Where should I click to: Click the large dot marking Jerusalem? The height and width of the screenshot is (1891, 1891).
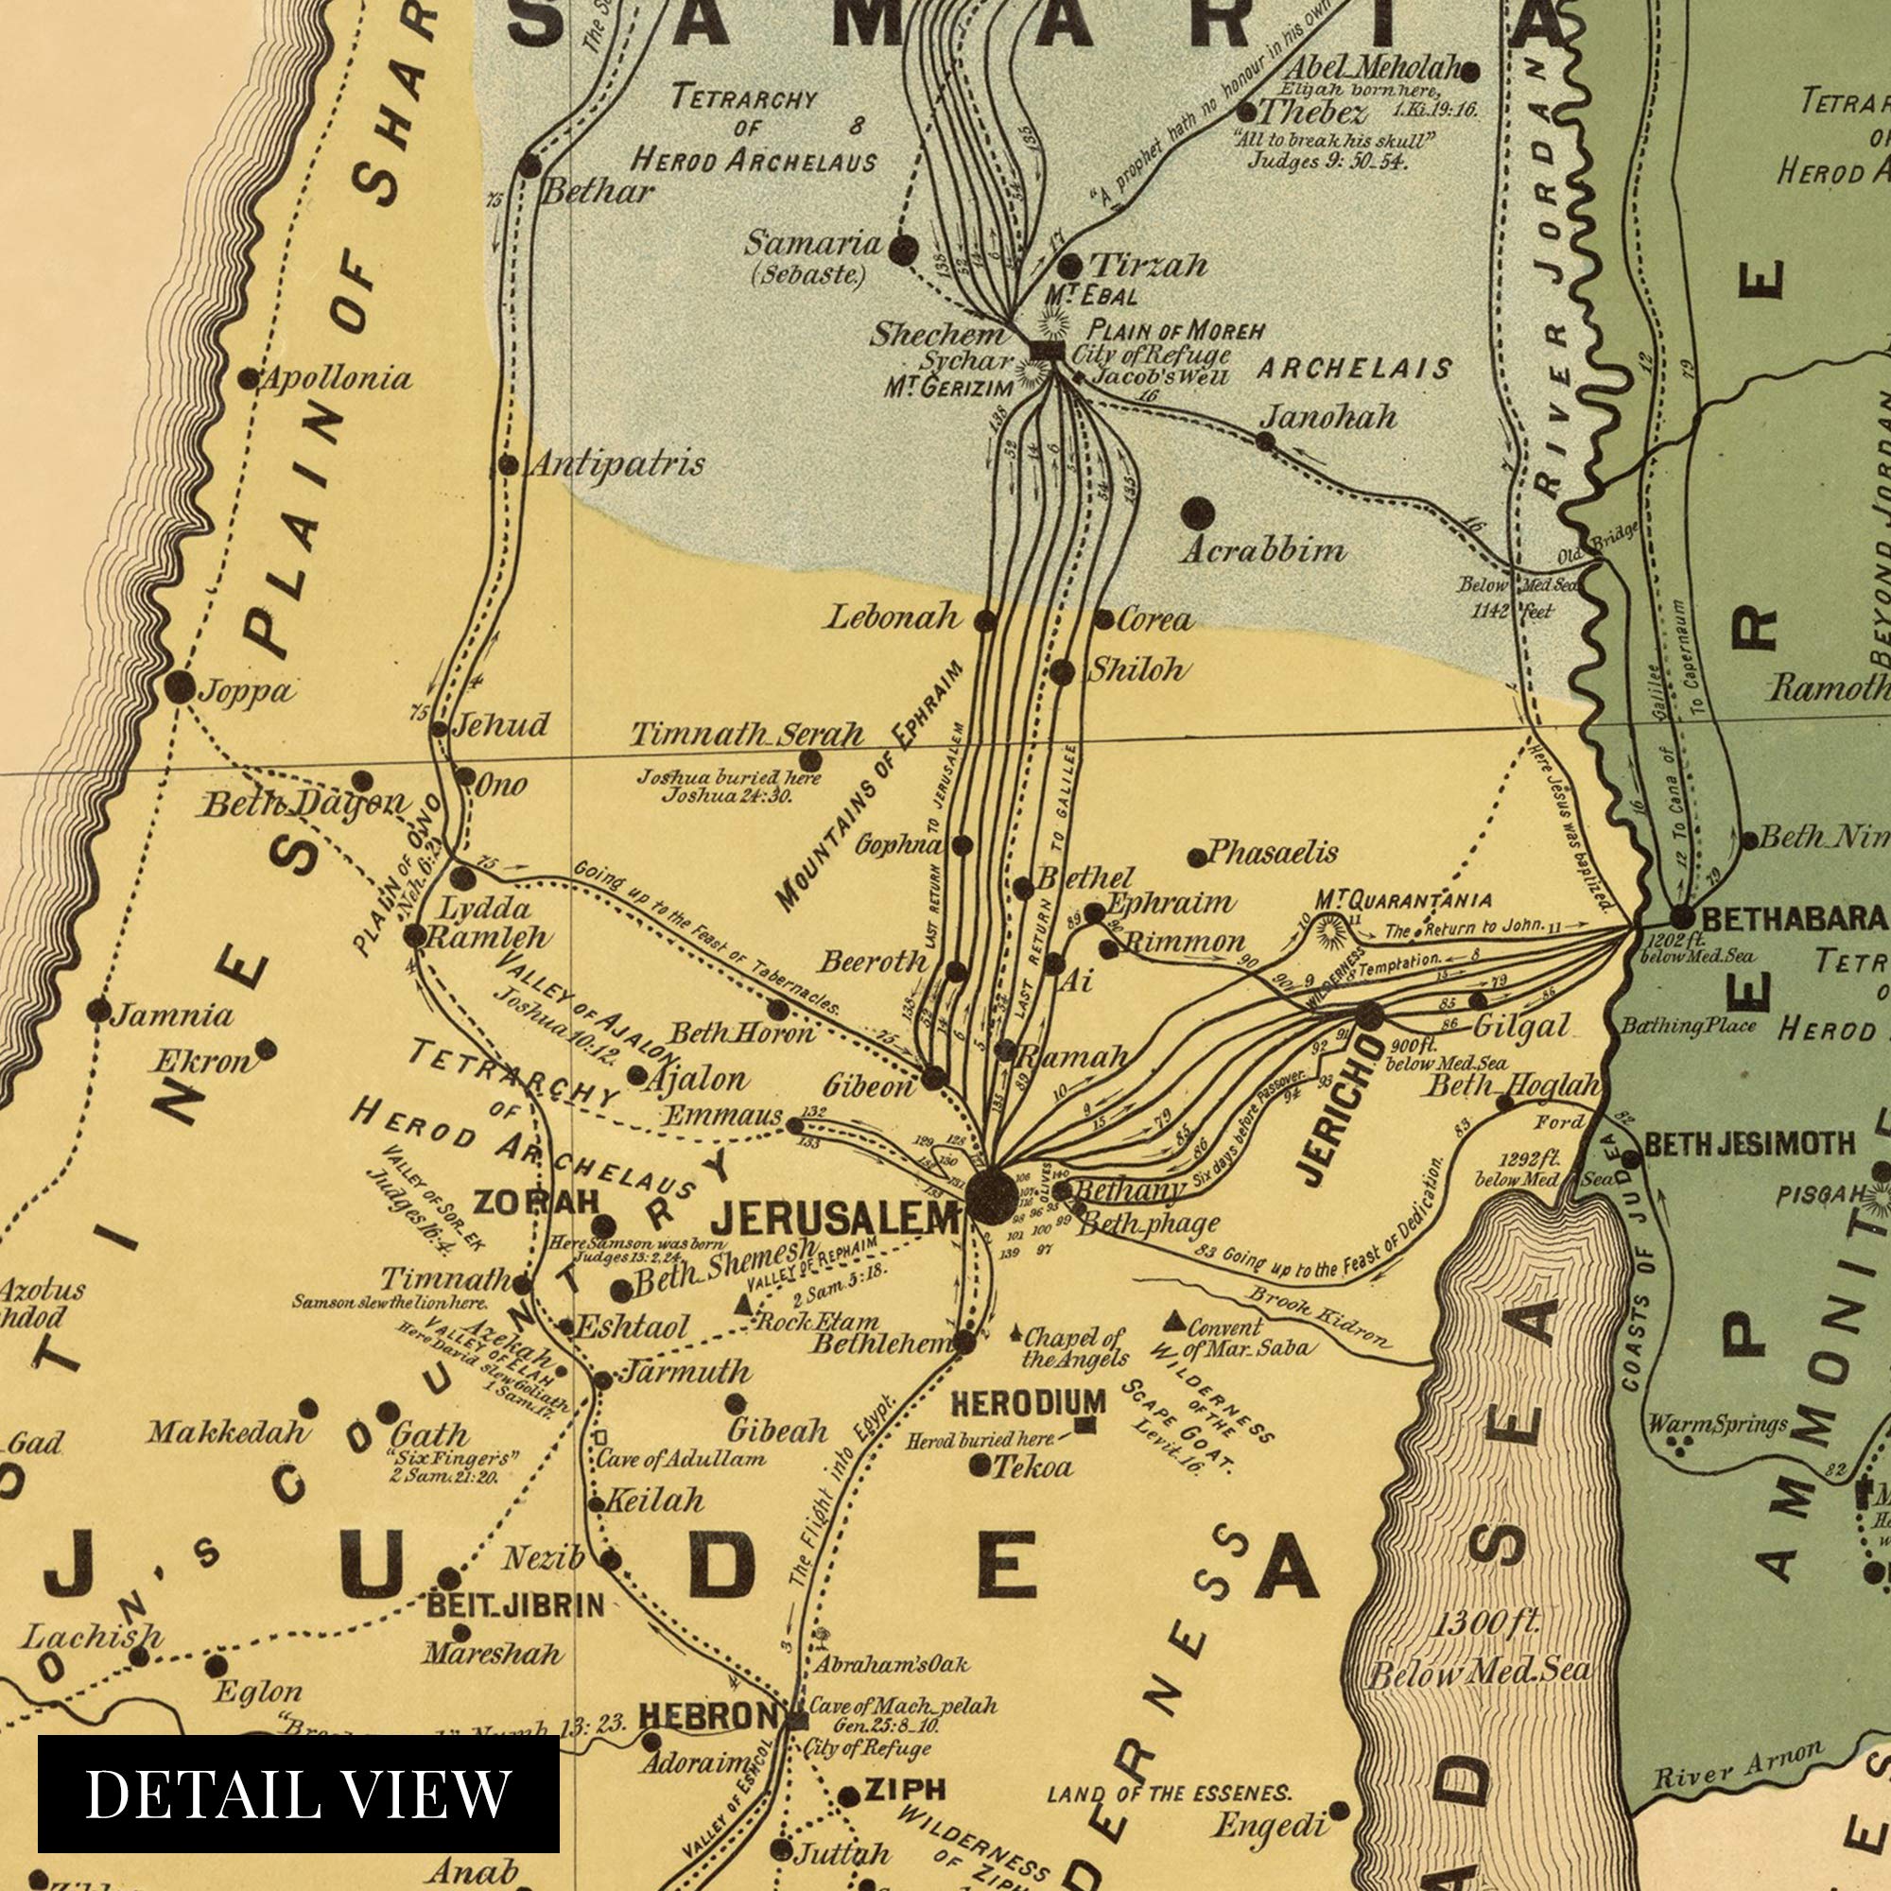click(991, 1196)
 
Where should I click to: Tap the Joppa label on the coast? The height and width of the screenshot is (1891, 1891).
click(246, 691)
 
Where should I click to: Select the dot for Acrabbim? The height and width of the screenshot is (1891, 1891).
click(1198, 512)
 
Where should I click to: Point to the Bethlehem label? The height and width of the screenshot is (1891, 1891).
click(880, 1343)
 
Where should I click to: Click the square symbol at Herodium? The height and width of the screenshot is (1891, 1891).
click(1084, 1425)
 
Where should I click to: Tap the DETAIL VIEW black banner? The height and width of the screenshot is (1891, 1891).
click(299, 1792)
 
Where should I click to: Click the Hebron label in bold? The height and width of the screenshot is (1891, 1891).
click(707, 1715)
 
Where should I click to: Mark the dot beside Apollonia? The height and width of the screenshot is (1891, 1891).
click(249, 378)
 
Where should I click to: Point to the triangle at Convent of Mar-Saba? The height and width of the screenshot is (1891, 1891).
click(1174, 1323)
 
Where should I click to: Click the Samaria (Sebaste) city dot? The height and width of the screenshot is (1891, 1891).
click(902, 250)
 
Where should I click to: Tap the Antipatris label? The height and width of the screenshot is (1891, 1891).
click(616, 463)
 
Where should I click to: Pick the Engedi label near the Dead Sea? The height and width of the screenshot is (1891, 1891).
click(1269, 1824)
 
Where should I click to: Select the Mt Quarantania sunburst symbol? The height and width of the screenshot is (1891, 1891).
click(1329, 930)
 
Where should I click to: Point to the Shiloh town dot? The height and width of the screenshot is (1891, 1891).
click(1062, 672)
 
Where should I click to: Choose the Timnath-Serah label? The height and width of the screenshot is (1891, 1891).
click(746, 734)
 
